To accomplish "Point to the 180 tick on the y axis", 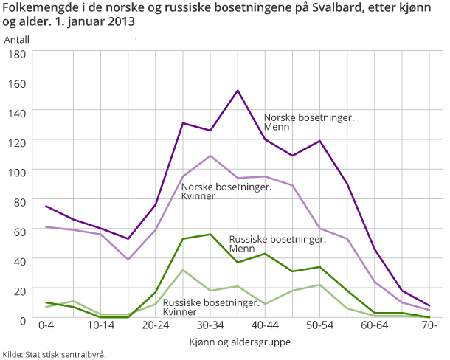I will click(17, 54).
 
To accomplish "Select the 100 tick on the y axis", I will click(17, 171).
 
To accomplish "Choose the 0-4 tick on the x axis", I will click(46, 325).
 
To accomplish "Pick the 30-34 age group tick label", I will click(210, 325).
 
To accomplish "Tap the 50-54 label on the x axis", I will click(320, 325).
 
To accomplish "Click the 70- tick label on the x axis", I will click(429, 325).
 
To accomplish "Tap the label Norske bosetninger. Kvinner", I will click(226, 191).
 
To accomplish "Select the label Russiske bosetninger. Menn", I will click(277, 244).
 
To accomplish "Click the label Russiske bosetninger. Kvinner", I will click(211, 308).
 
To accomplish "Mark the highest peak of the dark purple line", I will click(238, 91).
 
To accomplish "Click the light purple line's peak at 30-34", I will click(210, 156).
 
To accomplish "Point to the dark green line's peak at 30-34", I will click(210, 235).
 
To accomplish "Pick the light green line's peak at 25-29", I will click(183, 270).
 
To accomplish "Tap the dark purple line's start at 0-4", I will click(46, 206).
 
